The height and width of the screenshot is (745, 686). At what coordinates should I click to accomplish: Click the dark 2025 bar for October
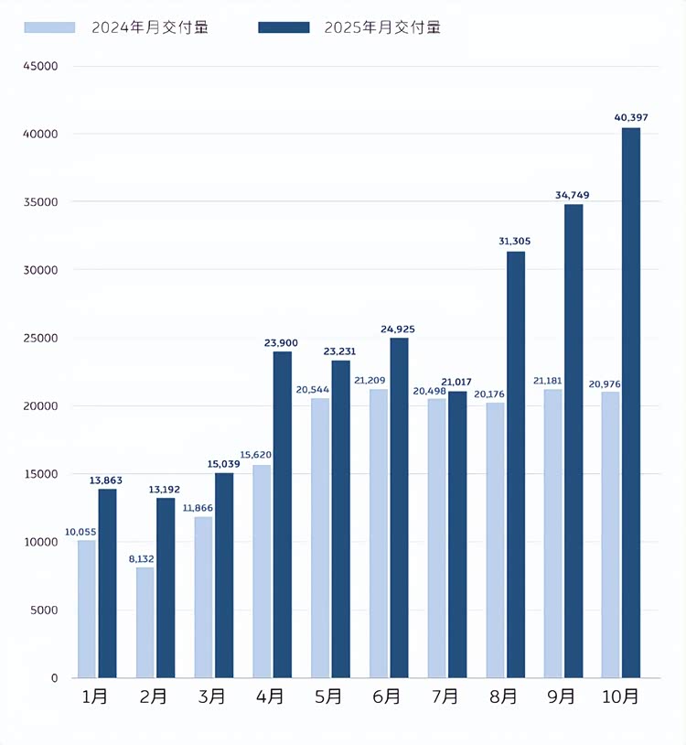point(631,403)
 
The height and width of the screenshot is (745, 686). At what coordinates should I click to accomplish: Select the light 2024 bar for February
point(145,622)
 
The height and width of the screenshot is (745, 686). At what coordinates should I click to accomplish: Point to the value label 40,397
point(631,117)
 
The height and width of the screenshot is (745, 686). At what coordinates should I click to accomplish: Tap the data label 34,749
point(573,195)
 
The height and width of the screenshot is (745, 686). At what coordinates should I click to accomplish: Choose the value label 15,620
point(261,455)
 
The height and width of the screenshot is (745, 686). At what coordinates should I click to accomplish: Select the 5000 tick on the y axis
point(43,610)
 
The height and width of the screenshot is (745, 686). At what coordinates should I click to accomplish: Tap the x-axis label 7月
point(445,697)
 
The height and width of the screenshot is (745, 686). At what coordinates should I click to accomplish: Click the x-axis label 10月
point(620,697)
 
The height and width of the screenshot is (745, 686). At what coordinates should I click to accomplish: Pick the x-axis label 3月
point(212,697)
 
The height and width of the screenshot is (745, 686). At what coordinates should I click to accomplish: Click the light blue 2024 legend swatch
point(49,27)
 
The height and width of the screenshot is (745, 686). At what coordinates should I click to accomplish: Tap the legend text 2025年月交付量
point(382,27)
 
